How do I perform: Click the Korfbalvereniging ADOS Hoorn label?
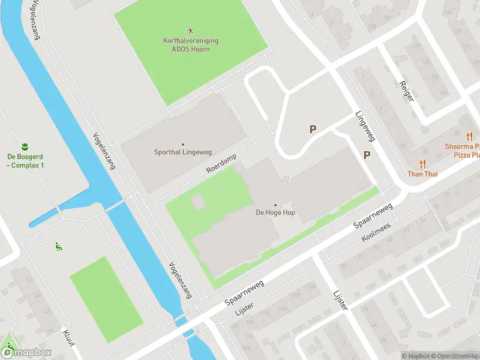(x=191, y=44)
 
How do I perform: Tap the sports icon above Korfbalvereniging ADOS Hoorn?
(x=191, y=30)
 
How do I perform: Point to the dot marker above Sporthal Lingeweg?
(x=183, y=144)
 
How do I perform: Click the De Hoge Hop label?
(x=275, y=212)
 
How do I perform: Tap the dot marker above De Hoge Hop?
(x=275, y=205)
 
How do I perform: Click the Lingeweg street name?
(x=364, y=127)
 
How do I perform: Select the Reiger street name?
(x=407, y=89)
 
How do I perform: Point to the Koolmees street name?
(x=376, y=233)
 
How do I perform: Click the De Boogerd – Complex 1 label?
(x=25, y=161)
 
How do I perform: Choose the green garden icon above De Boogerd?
(x=25, y=146)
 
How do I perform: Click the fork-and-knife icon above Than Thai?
(x=423, y=164)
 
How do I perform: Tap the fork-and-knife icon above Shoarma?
(x=469, y=136)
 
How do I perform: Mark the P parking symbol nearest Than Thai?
(x=367, y=155)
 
